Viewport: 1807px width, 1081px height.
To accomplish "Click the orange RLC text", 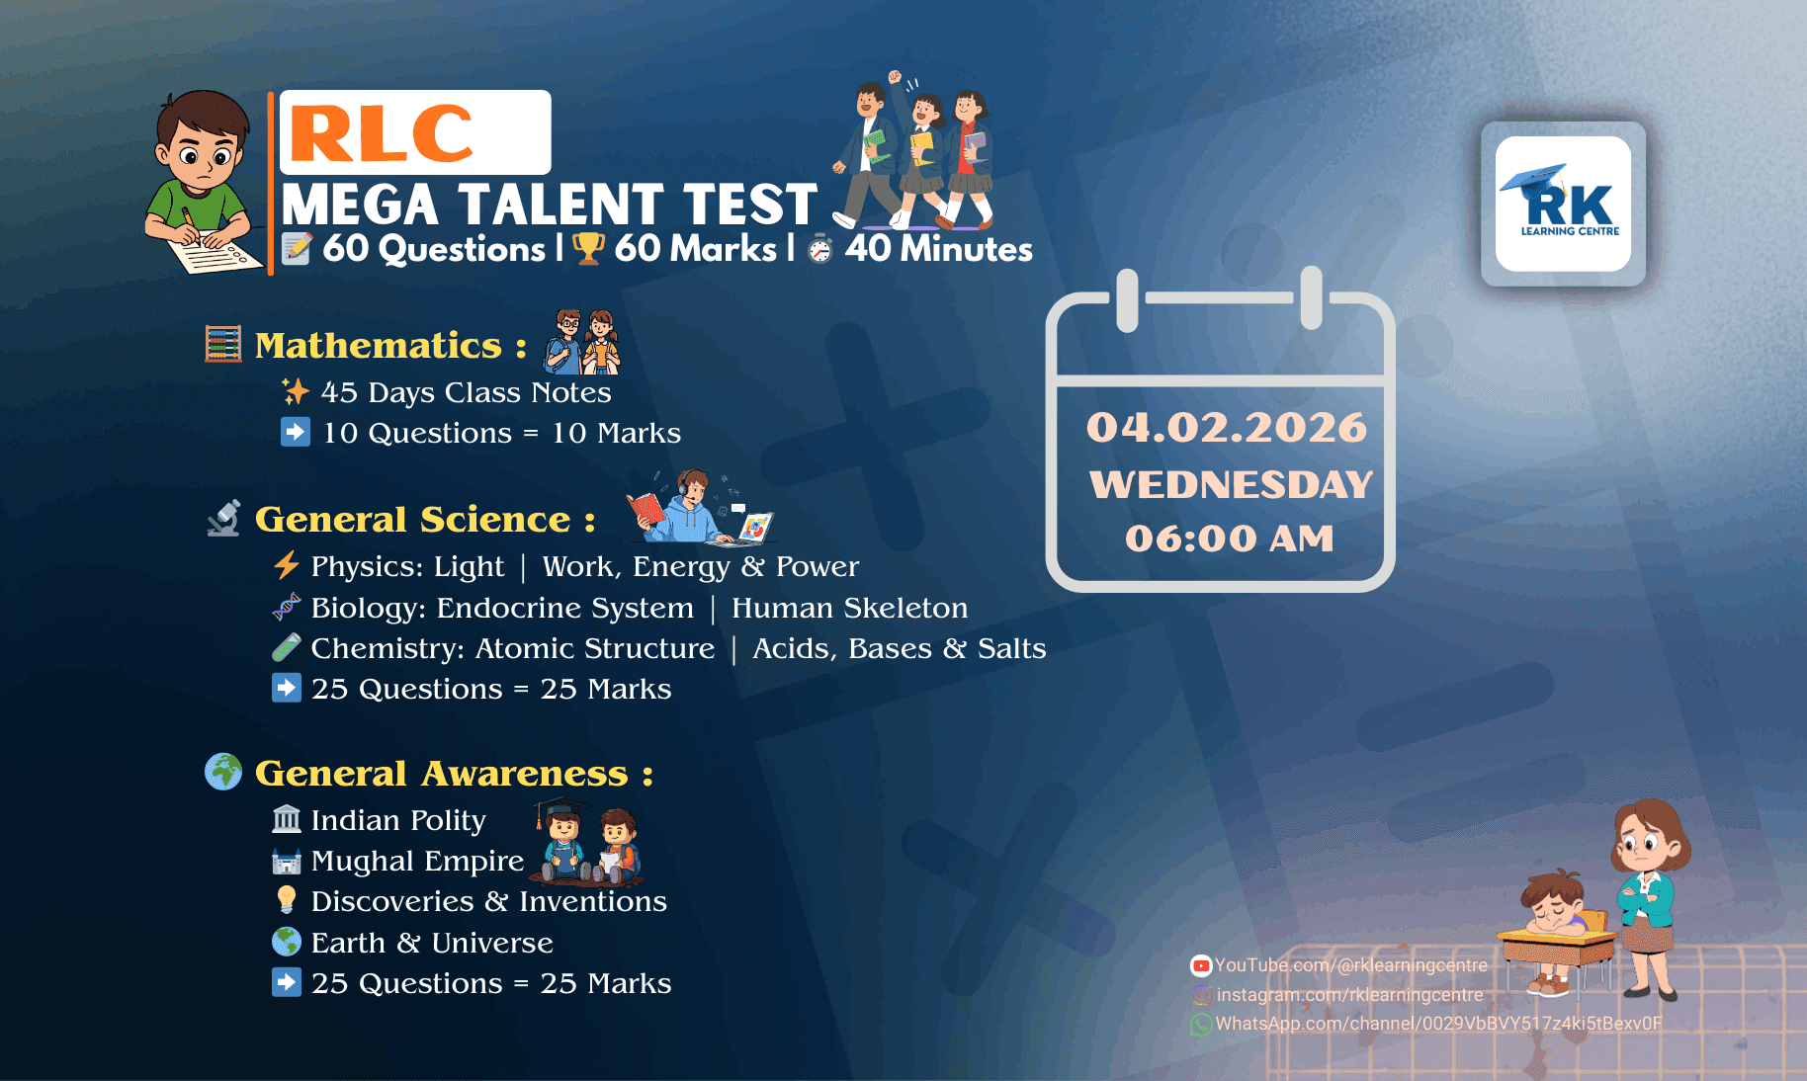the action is (x=382, y=133).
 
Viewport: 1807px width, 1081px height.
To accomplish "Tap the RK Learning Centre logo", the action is (x=1563, y=204).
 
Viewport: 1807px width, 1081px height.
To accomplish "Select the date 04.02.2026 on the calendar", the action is (x=1227, y=427).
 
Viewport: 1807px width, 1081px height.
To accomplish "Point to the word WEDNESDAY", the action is (x=1231, y=484).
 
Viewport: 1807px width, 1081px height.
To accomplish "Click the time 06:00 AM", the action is (x=1230, y=539).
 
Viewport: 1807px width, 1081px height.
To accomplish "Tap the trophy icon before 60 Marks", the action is (x=588, y=248).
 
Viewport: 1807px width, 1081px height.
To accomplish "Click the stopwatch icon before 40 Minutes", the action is (x=820, y=250).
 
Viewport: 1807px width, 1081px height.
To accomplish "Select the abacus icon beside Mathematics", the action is (x=223, y=344).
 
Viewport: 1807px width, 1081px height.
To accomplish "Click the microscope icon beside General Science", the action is (x=224, y=519).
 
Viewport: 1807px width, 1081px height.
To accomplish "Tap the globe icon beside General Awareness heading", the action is (x=223, y=772).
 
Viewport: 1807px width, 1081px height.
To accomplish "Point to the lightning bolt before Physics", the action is (x=286, y=565).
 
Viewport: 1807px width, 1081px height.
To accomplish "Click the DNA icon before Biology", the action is (x=286, y=607).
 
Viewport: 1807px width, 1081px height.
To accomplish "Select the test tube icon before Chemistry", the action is (x=286, y=647).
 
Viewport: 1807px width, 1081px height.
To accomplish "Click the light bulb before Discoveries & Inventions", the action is (x=287, y=899).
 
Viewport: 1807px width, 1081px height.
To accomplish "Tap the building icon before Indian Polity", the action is (x=287, y=819).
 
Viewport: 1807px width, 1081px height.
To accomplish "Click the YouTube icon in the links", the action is (x=1201, y=965).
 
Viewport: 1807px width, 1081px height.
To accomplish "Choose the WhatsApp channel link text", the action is (x=1438, y=1024).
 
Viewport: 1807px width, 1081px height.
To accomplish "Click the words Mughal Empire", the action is (x=417, y=861).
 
